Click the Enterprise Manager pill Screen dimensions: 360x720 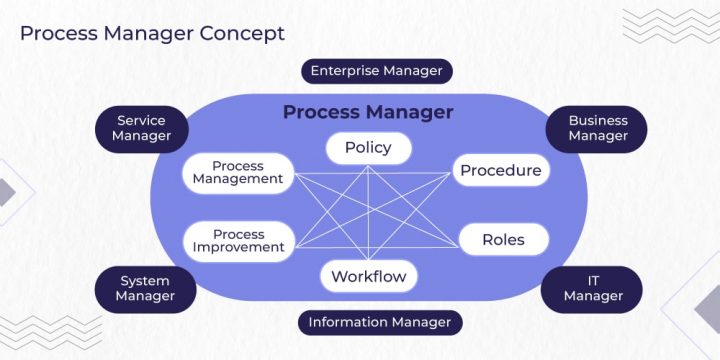(376, 71)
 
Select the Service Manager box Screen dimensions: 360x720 (141, 129)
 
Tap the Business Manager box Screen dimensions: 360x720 (598, 129)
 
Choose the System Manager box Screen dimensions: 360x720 (145, 289)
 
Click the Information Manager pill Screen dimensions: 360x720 (380, 322)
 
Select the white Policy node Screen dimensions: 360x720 (368, 148)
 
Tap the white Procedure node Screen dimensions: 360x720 (500, 171)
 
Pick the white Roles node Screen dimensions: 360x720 (502, 240)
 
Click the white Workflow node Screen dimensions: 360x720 (368, 276)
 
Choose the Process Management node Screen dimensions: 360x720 (238, 173)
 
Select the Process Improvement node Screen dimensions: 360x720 (238, 241)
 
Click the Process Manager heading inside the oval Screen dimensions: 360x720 (368, 112)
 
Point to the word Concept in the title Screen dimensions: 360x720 (241, 33)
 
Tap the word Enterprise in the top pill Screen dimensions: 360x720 (345, 71)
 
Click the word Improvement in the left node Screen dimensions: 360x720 (239, 248)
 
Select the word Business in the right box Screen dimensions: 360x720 (598, 121)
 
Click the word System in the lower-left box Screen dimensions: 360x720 (145, 281)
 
